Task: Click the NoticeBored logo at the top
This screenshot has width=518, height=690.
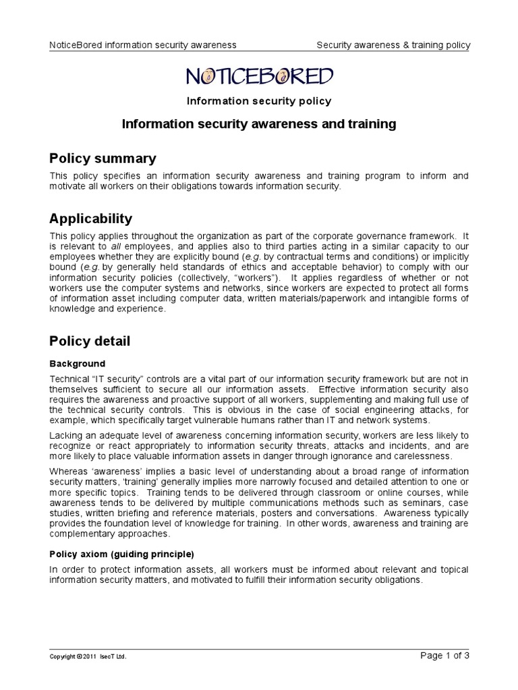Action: (x=259, y=77)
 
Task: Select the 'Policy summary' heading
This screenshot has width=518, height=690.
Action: (x=103, y=158)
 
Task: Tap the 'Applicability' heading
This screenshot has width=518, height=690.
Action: (x=91, y=219)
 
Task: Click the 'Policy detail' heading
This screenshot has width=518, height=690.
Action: (x=90, y=342)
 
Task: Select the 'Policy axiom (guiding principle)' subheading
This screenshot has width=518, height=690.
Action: (x=122, y=555)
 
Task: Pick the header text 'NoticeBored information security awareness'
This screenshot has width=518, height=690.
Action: (x=143, y=45)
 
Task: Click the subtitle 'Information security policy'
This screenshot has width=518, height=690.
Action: (x=259, y=102)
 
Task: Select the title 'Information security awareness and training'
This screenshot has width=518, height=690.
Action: (x=259, y=124)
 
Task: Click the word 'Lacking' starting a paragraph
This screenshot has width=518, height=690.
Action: (x=67, y=436)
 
